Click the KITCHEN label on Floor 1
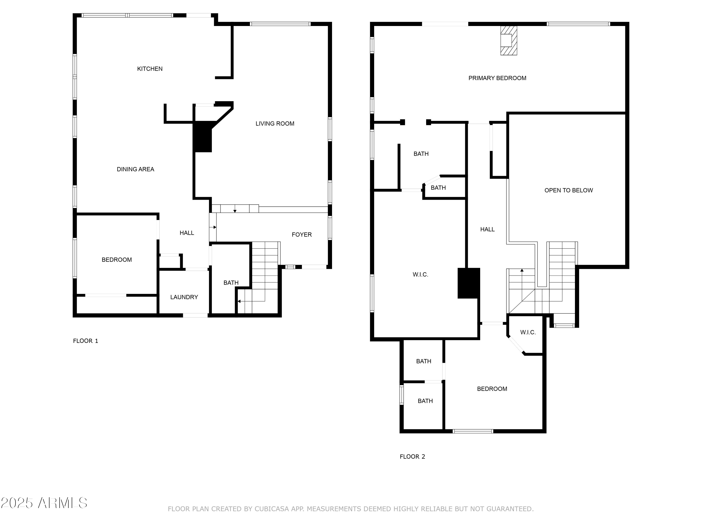click(x=150, y=69)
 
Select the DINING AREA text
click(x=135, y=169)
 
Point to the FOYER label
click(x=301, y=234)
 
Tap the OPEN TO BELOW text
click(x=568, y=190)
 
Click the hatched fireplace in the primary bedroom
click(x=508, y=40)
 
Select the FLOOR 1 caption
click(x=85, y=341)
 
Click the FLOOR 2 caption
click(x=412, y=456)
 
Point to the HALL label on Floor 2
click(x=487, y=229)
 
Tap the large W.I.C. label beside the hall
click(x=420, y=275)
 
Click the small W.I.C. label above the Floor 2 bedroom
click(x=528, y=332)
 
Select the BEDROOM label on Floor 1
click(x=117, y=260)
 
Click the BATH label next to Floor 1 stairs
click(x=231, y=283)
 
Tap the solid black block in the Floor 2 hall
click(x=468, y=283)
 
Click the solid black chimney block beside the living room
click(x=202, y=137)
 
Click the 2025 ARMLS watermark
click(x=44, y=503)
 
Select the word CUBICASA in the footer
click(x=272, y=509)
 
